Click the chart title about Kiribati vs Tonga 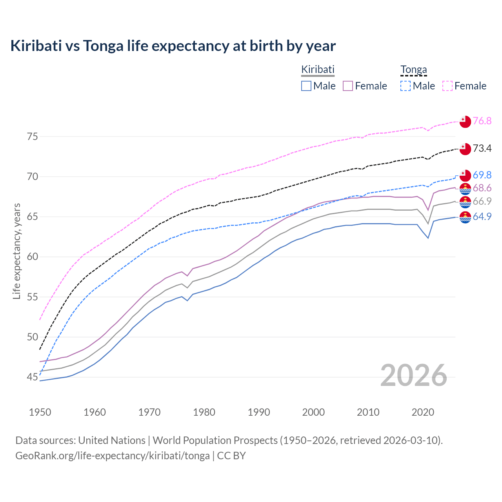click(173, 46)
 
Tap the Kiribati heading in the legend click(318, 69)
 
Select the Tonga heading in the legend click(413, 69)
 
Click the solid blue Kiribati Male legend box click(306, 86)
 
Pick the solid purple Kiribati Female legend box click(348, 86)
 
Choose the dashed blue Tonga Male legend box click(406, 86)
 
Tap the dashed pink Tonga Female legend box click(447, 86)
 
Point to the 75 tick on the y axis click(32, 137)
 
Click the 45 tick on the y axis click(32, 377)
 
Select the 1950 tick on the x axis click(40, 412)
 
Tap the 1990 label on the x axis click(259, 412)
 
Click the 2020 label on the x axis click(423, 412)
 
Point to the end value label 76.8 click(482, 121)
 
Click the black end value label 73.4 click(482, 148)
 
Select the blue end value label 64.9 click(482, 216)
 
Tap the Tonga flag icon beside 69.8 click(465, 175)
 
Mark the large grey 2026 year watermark click(414, 376)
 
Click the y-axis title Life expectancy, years click(16, 251)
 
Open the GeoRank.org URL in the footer click(112, 456)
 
